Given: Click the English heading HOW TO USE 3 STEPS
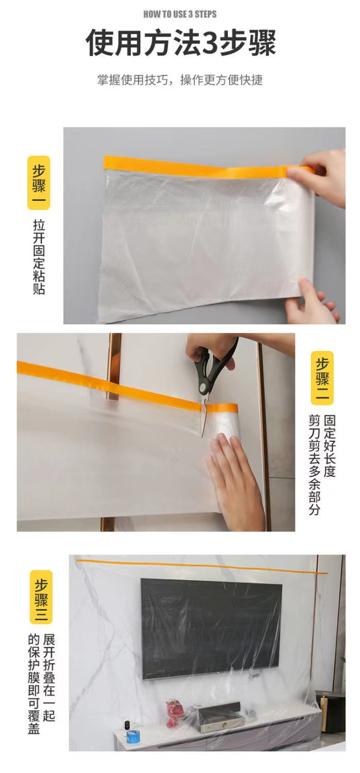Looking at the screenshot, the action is (x=180, y=14).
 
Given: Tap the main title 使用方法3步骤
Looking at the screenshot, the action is (x=180, y=42).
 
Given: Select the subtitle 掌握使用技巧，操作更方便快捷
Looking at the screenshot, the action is (x=180, y=80).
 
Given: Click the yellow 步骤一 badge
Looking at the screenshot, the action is (x=39, y=183).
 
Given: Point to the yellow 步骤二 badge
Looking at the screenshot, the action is (x=322, y=378).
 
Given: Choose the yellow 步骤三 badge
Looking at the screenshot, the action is (x=41, y=597).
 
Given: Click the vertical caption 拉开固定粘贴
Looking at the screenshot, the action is (x=39, y=257).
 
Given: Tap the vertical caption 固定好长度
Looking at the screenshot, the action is (x=330, y=446).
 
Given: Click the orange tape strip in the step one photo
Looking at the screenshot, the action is (x=209, y=166).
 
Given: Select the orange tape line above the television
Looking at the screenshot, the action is (x=202, y=567).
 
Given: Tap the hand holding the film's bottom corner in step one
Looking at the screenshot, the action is (x=312, y=301).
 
